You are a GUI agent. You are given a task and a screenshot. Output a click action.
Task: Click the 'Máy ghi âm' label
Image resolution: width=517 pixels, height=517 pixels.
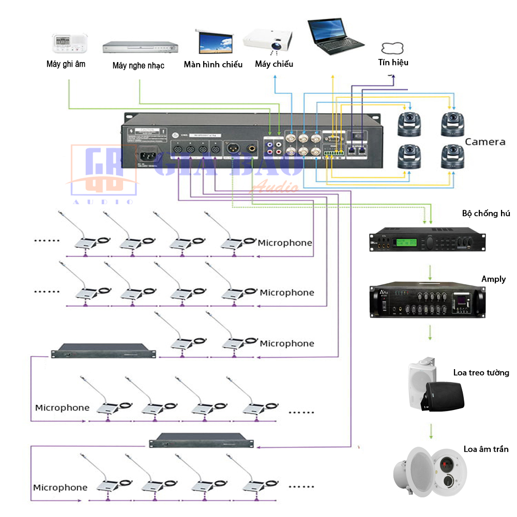[66, 65]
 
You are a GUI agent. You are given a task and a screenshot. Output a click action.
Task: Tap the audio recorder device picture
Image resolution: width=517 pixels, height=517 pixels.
[70, 43]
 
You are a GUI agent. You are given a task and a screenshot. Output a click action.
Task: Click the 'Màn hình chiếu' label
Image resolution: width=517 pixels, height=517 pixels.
[213, 65]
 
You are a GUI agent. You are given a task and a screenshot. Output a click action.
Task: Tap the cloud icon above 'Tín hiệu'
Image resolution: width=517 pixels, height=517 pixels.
[392, 48]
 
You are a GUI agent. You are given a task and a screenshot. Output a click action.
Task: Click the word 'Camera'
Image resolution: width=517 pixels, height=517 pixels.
[484, 141]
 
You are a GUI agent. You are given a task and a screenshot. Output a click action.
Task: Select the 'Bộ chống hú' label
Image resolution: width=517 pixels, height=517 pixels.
[486, 214]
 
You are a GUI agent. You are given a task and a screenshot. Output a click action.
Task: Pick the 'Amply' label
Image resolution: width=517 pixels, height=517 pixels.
[493, 279]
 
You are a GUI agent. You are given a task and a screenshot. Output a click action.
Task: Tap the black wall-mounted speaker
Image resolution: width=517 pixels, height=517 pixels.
[444, 397]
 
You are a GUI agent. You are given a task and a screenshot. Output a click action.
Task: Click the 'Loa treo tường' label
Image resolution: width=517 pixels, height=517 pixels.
[481, 372]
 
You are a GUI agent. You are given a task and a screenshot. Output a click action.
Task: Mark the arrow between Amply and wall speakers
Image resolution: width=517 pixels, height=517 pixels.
[430, 332]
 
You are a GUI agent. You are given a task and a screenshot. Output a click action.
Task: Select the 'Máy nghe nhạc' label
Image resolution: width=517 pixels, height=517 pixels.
[138, 66]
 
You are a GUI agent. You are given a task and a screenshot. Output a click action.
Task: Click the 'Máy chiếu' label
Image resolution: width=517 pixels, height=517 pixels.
[274, 64]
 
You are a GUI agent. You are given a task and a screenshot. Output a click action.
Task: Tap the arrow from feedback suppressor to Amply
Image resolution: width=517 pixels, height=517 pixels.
[430, 272]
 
